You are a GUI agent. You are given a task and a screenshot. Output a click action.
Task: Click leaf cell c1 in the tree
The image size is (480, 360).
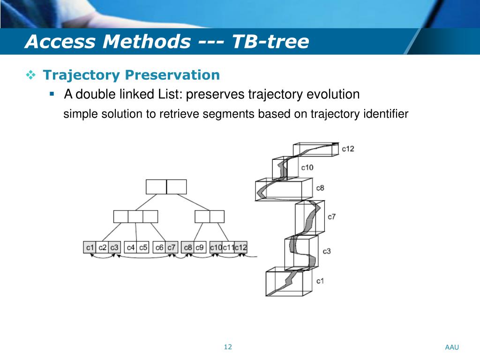tap(90, 247)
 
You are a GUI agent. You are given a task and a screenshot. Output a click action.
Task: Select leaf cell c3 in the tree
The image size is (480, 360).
tap(114, 247)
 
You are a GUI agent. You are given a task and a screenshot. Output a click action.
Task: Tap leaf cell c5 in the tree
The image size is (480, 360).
tap(143, 247)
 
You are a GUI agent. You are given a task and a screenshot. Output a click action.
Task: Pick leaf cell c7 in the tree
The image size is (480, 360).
tap(172, 247)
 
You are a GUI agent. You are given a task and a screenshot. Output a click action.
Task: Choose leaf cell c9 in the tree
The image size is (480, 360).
tap(200, 247)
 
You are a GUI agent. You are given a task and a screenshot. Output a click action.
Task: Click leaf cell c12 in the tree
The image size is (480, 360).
tap(241, 247)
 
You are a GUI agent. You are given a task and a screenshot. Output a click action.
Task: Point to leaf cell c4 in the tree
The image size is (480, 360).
tap(131, 247)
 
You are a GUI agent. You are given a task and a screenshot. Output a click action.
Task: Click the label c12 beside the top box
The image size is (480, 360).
tap(348, 149)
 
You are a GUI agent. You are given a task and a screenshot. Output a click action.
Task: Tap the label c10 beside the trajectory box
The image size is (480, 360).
tap(307, 167)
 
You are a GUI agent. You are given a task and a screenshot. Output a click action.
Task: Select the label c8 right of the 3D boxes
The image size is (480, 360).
tap(320, 188)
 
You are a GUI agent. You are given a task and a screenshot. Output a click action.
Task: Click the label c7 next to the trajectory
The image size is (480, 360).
tap(331, 217)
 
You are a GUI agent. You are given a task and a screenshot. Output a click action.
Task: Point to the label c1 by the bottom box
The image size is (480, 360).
tap(320, 281)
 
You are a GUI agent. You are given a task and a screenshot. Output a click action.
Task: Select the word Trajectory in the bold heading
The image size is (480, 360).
tap(82, 75)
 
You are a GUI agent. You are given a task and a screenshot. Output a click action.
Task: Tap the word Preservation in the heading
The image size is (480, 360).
tap(173, 75)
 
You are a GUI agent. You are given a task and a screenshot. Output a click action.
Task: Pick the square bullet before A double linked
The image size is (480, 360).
tap(52, 94)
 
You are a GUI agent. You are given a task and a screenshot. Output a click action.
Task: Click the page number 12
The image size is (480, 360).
tap(228, 347)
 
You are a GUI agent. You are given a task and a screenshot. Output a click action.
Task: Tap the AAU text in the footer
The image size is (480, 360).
tap(452, 347)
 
